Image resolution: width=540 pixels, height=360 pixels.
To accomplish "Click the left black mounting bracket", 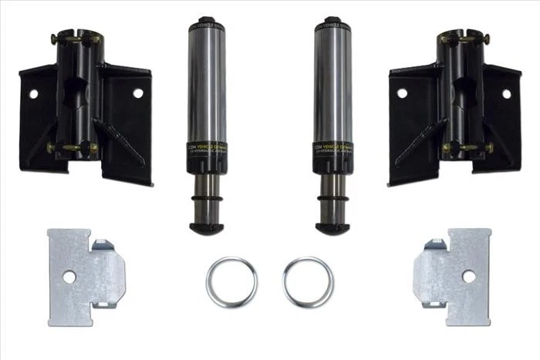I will [x=85, y=116].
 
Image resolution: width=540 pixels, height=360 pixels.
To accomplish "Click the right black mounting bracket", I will [x=455, y=116].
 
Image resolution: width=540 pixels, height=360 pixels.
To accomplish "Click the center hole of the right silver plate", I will [x=469, y=275].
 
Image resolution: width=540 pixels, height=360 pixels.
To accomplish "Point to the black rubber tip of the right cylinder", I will [x=332, y=227].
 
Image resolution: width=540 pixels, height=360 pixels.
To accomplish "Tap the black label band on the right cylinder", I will [x=332, y=148].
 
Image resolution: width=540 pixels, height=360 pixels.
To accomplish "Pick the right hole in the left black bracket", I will [x=138, y=93].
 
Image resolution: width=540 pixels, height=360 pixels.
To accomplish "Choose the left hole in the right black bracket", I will [x=401, y=93].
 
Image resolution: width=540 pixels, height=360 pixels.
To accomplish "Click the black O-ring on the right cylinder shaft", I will [x=332, y=206].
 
